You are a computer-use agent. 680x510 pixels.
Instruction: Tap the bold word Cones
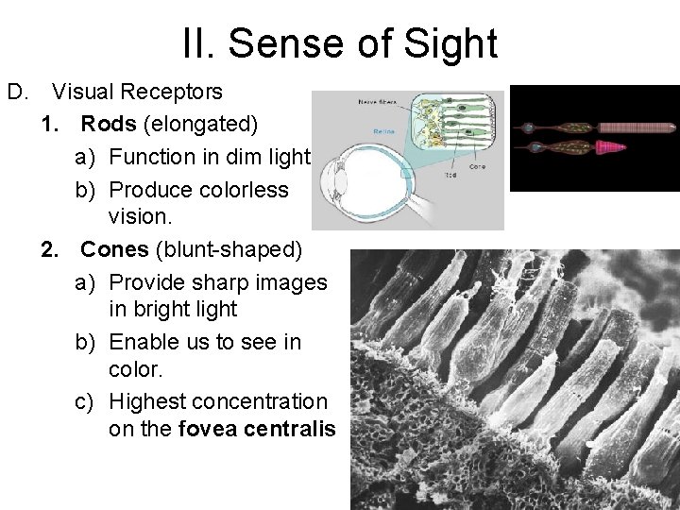point(112,250)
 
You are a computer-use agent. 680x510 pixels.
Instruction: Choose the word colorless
point(241,188)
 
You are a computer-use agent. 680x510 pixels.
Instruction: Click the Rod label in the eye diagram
point(450,176)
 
